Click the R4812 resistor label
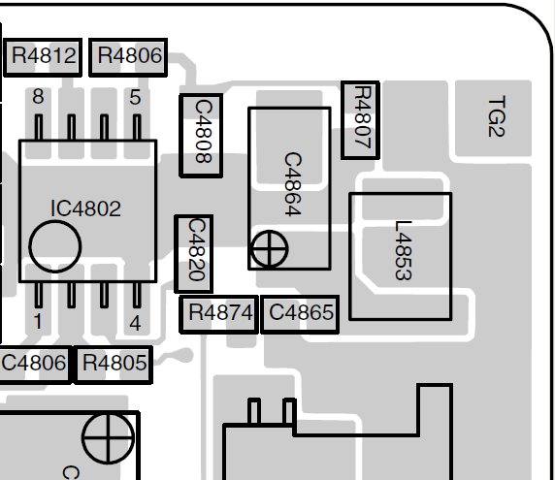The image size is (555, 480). point(44,55)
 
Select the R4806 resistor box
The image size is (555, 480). point(128,57)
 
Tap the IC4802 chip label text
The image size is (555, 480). point(86,208)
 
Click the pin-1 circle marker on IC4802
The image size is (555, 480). point(55,246)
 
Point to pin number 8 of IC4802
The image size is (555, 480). point(38,97)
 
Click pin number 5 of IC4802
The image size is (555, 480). point(135,97)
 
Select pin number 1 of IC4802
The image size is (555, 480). point(38,322)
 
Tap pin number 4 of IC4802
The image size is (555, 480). point(135,323)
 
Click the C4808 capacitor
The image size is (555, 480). point(201,136)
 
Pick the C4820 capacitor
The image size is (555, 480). point(194,254)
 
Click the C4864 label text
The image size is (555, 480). point(293,184)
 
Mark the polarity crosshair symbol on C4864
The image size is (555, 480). point(269,249)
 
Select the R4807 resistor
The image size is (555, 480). point(360,120)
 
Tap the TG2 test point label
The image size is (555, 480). point(496,116)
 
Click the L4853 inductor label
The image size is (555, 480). point(404,250)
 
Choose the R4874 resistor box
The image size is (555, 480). point(218,314)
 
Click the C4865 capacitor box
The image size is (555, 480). point(300,314)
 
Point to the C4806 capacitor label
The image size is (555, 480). point(34,363)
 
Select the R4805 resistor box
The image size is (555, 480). point(113,365)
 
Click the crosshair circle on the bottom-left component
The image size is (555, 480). point(108,437)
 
